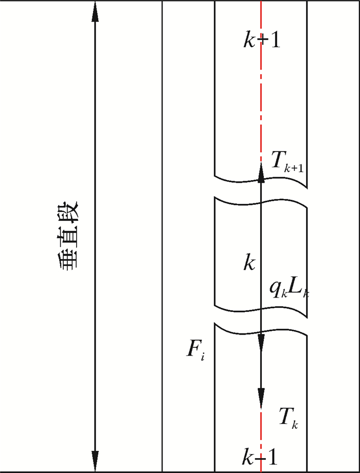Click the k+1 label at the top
(x=262, y=40)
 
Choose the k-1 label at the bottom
(x=262, y=456)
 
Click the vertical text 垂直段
(x=68, y=234)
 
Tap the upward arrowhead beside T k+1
(x=261, y=174)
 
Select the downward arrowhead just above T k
(x=261, y=398)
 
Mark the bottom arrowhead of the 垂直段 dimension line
(x=95, y=459)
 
